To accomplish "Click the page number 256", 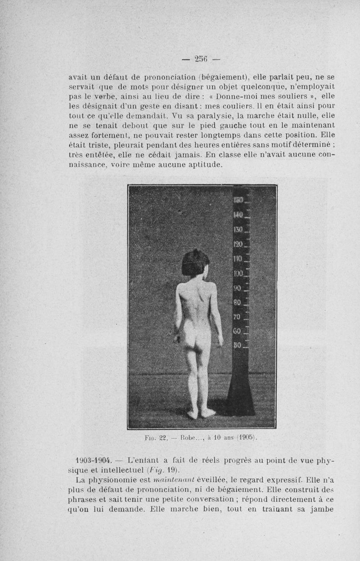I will (x=201, y=59).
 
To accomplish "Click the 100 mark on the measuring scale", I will (x=238, y=273).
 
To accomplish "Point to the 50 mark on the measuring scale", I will (x=238, y=346).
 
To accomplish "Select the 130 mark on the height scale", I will (x=238, y=230).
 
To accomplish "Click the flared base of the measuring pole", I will (x=241, y=396).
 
